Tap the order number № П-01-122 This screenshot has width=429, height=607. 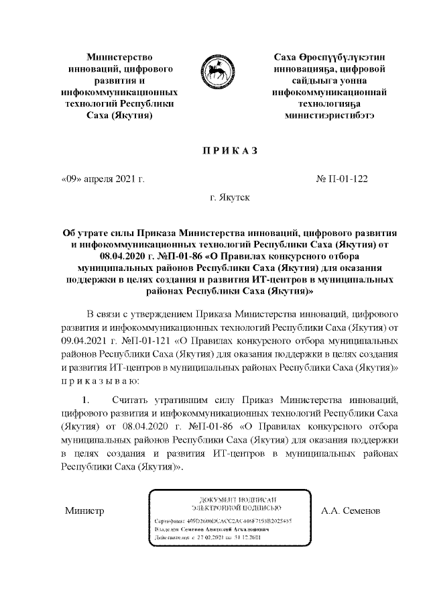pos(341,179)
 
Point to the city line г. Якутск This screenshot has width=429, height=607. pos(229,199)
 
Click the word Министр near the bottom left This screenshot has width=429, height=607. pos(84,511)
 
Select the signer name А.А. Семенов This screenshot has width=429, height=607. pos(351,511)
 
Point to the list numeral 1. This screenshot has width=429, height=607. pos(86,400)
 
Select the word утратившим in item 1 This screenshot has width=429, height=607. pos(169,400)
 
